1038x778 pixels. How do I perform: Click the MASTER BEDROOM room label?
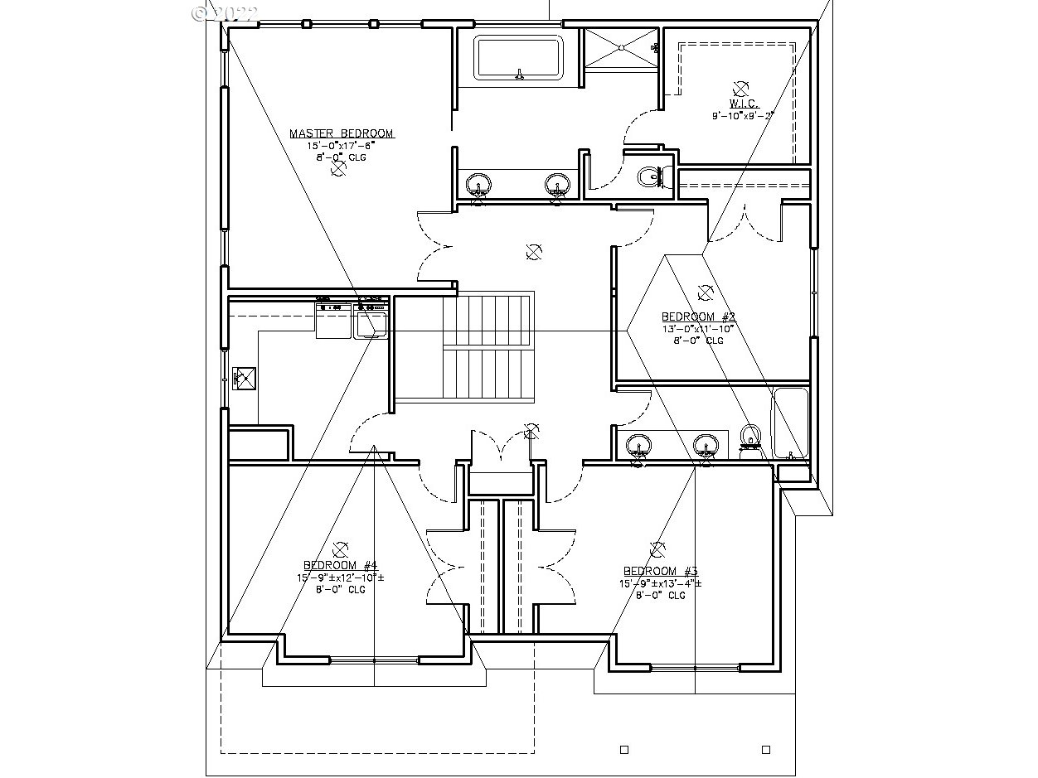[342, 133]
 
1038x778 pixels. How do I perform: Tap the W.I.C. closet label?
[741, 104]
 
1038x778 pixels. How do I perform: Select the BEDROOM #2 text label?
[698, 317]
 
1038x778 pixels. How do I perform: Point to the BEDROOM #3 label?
[661, 571]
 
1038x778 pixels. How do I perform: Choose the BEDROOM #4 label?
[340, 565]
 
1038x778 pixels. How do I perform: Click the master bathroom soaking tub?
[519, 58]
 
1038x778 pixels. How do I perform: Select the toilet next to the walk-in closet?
[650, 176]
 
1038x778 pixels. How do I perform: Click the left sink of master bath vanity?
[478, 185]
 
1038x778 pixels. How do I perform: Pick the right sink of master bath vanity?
[557, 184]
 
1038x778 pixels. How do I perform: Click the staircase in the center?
[487, 348]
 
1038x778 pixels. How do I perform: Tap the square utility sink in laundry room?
[245, 379]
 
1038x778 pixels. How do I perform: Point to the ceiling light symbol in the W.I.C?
[740, 88]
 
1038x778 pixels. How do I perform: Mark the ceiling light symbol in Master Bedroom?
[338, 169]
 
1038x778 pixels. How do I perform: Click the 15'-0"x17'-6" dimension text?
[340, 145]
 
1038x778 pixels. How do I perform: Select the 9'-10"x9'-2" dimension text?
[742, 116]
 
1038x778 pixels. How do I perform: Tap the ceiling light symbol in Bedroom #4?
[339, 548]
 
